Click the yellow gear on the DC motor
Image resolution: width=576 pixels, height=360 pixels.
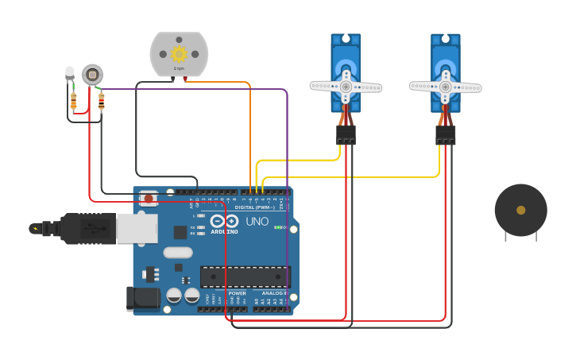(x=179, y=54)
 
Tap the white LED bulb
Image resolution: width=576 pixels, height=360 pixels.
(x=69, y=73)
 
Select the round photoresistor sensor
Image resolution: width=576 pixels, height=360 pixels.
(x=92, y=75)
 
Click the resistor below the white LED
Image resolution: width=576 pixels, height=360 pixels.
(x=73, y=102)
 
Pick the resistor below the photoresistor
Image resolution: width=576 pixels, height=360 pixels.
(x=101, y=101)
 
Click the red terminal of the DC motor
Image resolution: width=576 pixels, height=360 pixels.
(x=185, y=79)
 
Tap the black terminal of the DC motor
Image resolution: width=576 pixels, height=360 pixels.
(x=173, y=79)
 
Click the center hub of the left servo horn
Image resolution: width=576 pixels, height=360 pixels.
(x=346, y=87)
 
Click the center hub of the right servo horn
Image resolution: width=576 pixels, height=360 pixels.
(x=445, y=87)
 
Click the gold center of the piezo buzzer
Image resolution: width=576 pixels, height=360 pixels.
(x=520, y=210)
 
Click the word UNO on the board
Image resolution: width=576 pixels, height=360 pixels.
(x=257, y=222)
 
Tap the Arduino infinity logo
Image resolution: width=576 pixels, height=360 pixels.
(x=224, y=221)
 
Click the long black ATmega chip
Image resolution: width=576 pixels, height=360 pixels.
(x=245, y=277)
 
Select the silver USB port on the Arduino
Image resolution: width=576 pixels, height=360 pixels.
(x=137, y=228)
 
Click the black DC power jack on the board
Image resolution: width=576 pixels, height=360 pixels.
(x=143, y=299)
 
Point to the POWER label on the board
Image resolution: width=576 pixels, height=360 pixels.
(x=238, y=293)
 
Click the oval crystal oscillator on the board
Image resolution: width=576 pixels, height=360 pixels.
(x=178, y=253)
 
